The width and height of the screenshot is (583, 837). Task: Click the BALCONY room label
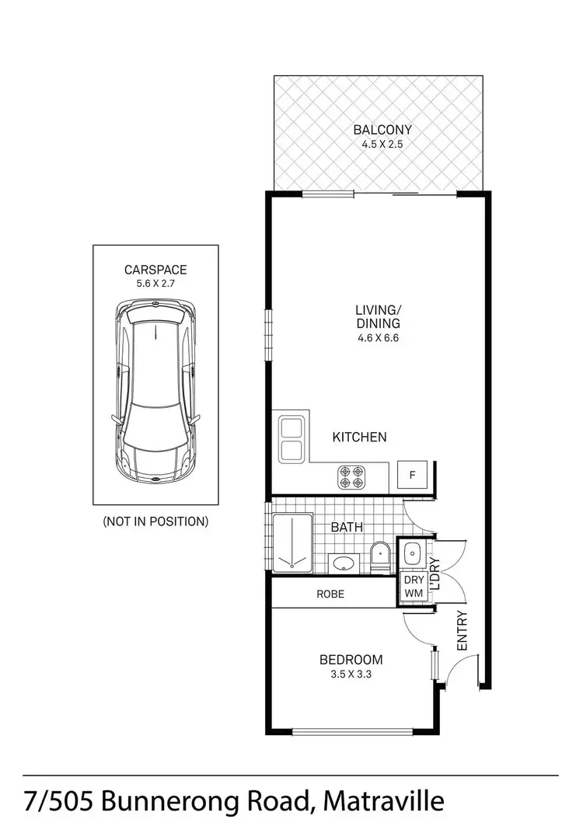click(x=382, y=130)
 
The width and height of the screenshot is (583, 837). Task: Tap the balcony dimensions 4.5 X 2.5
click(x=382, y=144)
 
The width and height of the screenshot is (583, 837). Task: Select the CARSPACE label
click(x=155, y=270)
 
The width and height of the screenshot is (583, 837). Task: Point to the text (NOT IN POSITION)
click(x=155, y=521)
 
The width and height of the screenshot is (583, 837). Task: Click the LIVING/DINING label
click(x=378, y=317)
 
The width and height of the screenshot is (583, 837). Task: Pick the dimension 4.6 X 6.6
click(x=378, y=337)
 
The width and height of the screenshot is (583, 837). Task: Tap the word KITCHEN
click(x=359, y=438)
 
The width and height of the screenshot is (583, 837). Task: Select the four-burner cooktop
click(x=351, y=476)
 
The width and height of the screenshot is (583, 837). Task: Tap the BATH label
click(x=347, y=527)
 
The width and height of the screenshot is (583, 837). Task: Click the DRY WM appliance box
click(x=411, y=587)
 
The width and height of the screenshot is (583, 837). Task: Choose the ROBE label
click(x=330, y=595)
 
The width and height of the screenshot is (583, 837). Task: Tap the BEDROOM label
click(x=351, y=660)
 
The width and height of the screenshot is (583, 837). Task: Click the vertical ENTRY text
click(x=462, y=631)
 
